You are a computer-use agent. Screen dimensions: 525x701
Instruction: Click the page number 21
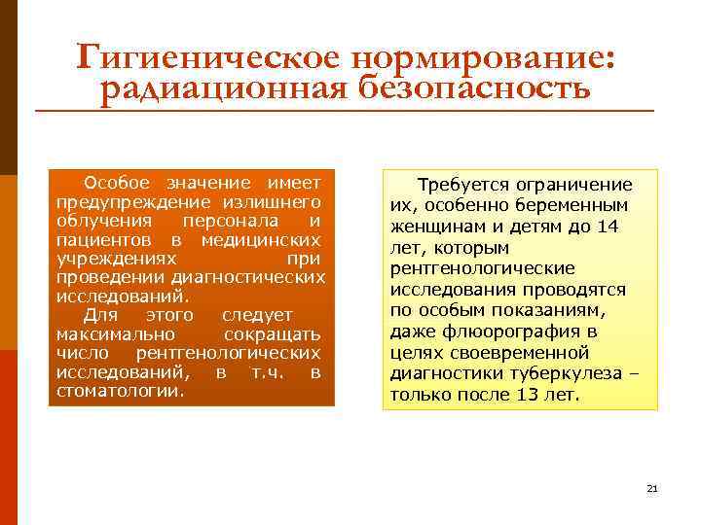click(652, 487)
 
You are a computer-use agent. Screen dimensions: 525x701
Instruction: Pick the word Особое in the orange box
click(116, 183)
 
